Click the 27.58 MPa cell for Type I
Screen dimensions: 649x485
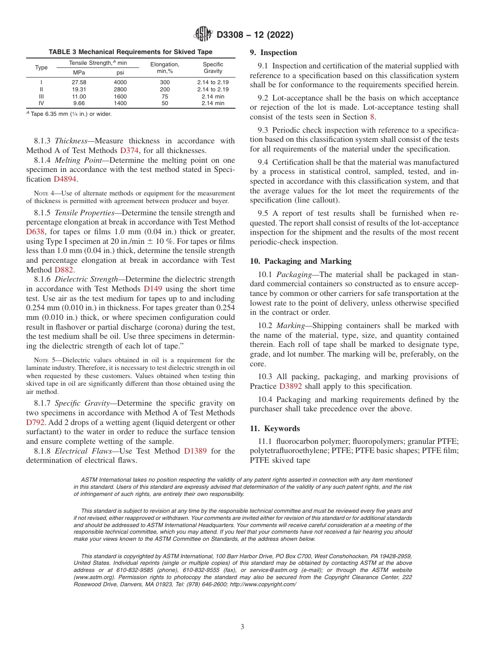tap(79, 82)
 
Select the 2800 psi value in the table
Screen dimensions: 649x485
tap(120, 89)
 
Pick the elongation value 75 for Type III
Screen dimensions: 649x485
tap(164, 96)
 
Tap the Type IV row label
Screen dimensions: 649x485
tap(41, 103)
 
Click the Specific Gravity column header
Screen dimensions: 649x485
tap(213, 68)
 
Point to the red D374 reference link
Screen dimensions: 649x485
tap(129, 151)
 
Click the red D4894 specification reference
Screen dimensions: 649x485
tap(66, 179)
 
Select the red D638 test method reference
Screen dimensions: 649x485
tap(36, 231)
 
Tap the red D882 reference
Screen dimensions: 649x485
tap(64, 270)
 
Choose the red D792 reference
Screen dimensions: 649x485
tap(36, 422)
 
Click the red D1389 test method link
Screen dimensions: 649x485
tap(195, 451)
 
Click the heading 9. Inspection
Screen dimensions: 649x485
tap(273, 53)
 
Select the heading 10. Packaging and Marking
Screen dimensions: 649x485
tap(300, 261)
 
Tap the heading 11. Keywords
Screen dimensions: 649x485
tap(275, 429)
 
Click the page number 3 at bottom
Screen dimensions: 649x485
tap(243, 627)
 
